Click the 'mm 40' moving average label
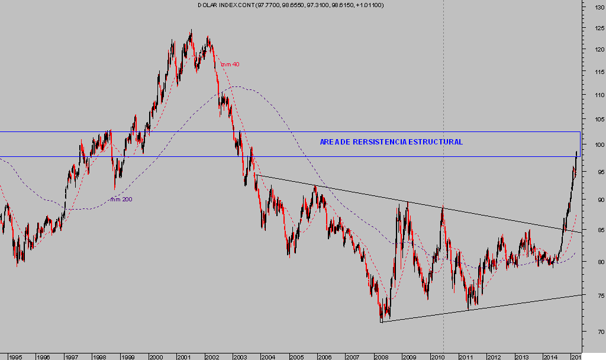[x=230, y=65]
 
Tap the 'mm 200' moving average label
[x=121, y=200]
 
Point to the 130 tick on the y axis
[x=592, y=8]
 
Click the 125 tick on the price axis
[x=592, y=28]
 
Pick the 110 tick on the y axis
[x=592, y=95]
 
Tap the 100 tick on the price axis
[x=592, y=145]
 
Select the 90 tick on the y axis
[x=592, y=200]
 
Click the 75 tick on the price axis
[x=592, y=295]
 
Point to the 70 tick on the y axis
[x=592, y=332]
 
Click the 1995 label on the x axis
[x=16, y=357]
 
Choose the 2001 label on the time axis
[x=183, y=357]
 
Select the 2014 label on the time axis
[x=550, y=357]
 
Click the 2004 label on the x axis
[x=268, y=357]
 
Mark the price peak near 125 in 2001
[x=191, y=31]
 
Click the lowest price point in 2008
[x=382, y=322]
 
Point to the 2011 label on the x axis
[x=466, y=357]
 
